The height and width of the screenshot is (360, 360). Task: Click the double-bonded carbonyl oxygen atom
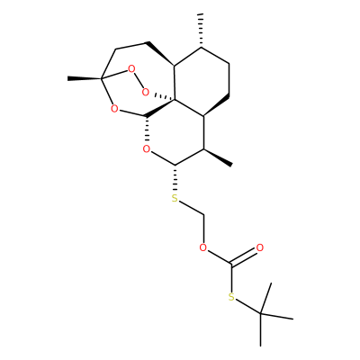260,247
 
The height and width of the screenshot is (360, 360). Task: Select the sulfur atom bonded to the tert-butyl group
231,297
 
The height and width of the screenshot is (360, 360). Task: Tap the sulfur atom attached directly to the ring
175,198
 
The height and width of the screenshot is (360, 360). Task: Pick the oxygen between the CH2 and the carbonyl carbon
203,247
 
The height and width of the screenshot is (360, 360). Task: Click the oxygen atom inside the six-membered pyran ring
146,148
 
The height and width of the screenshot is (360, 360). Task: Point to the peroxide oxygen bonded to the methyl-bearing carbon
131,69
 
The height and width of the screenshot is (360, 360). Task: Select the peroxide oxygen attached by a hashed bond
145,92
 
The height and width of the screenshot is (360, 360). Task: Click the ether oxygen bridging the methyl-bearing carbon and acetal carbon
114,108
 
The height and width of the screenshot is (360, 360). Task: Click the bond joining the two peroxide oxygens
139,81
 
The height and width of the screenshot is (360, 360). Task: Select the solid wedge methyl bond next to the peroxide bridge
85,78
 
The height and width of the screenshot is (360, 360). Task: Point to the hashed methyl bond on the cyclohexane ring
202,30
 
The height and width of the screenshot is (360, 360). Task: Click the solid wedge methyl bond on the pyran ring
218,157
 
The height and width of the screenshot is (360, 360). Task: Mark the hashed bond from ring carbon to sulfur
175,179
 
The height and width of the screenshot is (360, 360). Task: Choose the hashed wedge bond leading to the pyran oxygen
146,130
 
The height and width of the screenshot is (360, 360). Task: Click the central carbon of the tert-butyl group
260,314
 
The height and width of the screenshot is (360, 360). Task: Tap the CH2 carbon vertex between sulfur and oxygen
203,215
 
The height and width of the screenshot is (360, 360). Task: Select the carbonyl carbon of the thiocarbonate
231,265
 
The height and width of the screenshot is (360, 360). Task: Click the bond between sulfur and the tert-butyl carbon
247,306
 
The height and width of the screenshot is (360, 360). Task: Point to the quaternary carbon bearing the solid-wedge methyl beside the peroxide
102,78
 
